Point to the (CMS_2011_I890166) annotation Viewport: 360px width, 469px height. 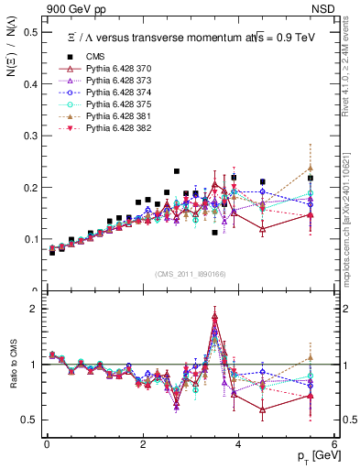191,274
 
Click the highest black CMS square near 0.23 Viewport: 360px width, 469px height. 176,171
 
